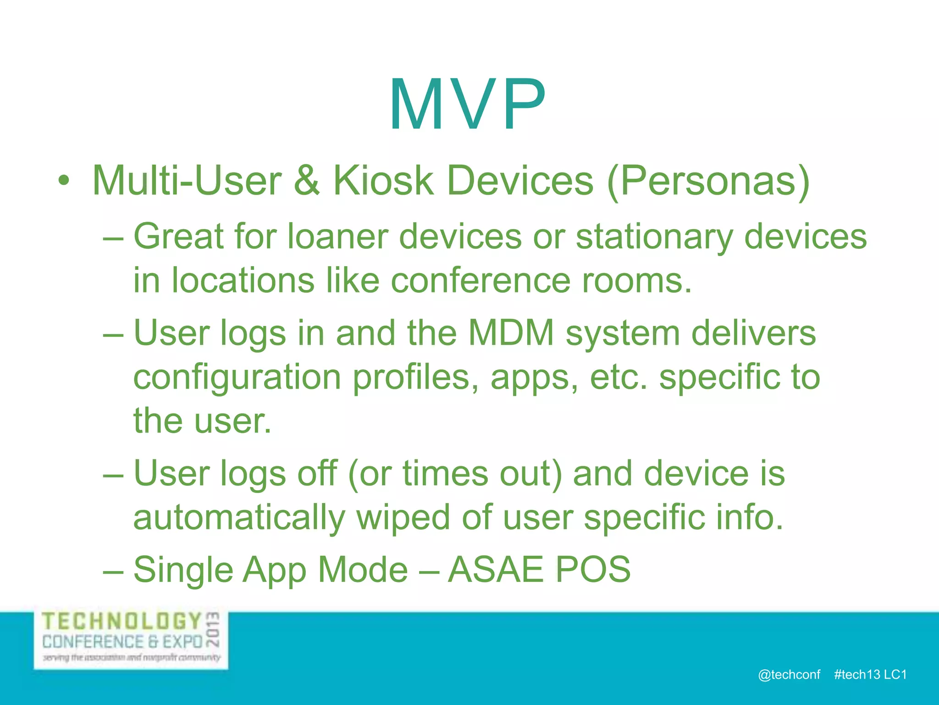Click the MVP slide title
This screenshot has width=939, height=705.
pyautogui.click(x=468, y=106)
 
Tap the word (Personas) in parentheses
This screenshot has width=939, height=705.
pyautogui.click(x=708, y=182)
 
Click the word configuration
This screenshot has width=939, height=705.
pyautogui.click(x=237, y=378)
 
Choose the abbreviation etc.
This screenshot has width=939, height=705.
pyautogui.click(x=619, y=377)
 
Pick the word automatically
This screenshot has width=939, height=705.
pyautogui.click(x=239, y=518)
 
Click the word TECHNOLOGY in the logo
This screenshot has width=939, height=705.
pyautogui.click(x=122, y=621)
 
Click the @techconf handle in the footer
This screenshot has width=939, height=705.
pyautogui.click(x=789, y=675)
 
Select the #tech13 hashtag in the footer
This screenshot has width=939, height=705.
pyautogui.click(x=857, y=675)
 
